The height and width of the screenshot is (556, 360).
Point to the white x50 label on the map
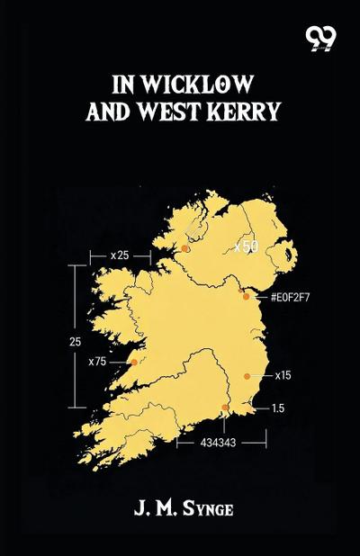pos(247,247)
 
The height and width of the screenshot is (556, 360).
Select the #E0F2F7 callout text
pos(290,296)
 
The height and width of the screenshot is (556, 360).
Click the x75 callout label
pos(98,362)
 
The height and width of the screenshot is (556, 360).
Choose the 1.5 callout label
pos(278,408)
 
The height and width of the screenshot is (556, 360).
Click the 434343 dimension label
pos(220,444)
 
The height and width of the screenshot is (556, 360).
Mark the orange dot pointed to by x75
pos(135,362)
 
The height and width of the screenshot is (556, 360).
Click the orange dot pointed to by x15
pos(247,376)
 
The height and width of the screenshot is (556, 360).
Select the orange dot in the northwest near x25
pos(185,248)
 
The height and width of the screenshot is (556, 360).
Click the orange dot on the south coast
pos(225,408)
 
